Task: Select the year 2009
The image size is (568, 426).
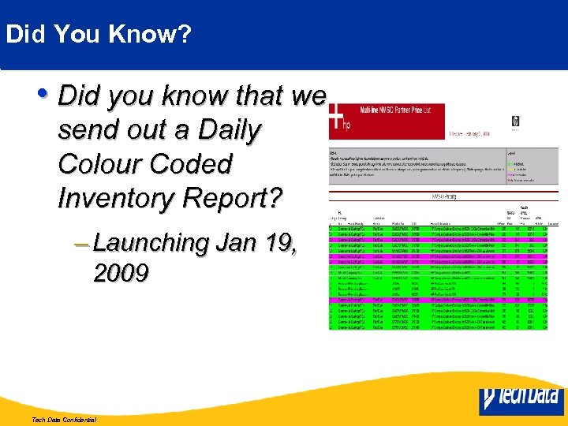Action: pyautogui.click(x=121, y=273)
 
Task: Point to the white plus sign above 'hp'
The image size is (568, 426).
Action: pyautogui.click(x=337, y=116)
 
